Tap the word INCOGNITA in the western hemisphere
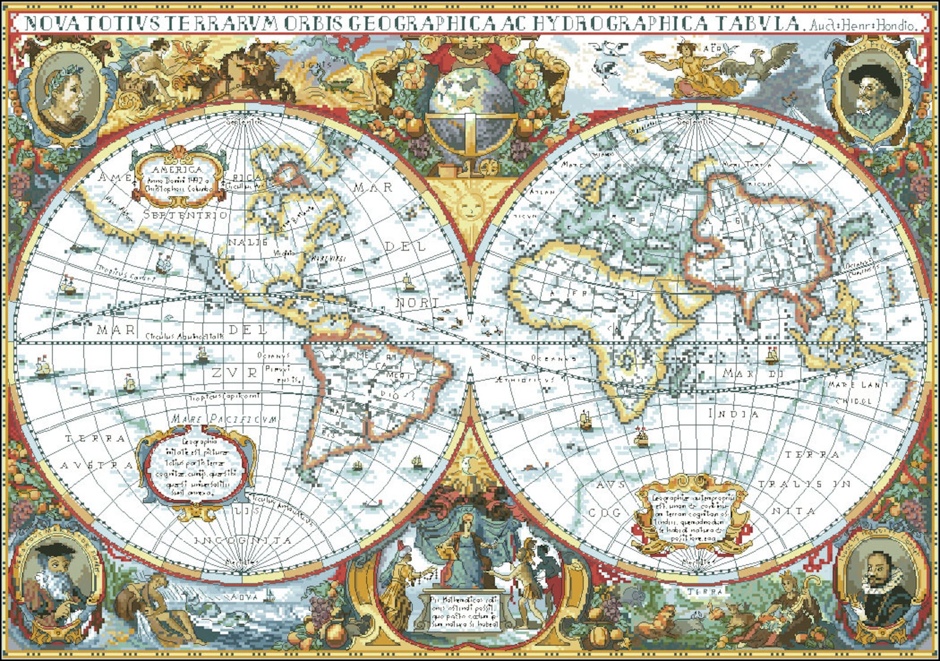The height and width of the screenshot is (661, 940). click(x=243, y=540)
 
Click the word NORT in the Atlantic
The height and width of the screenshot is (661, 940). click(x=417, y=303)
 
